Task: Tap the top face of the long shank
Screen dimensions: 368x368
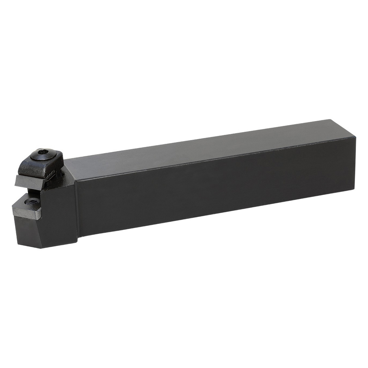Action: pos(201,149)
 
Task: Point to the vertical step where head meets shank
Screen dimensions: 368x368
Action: pos(77,207)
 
